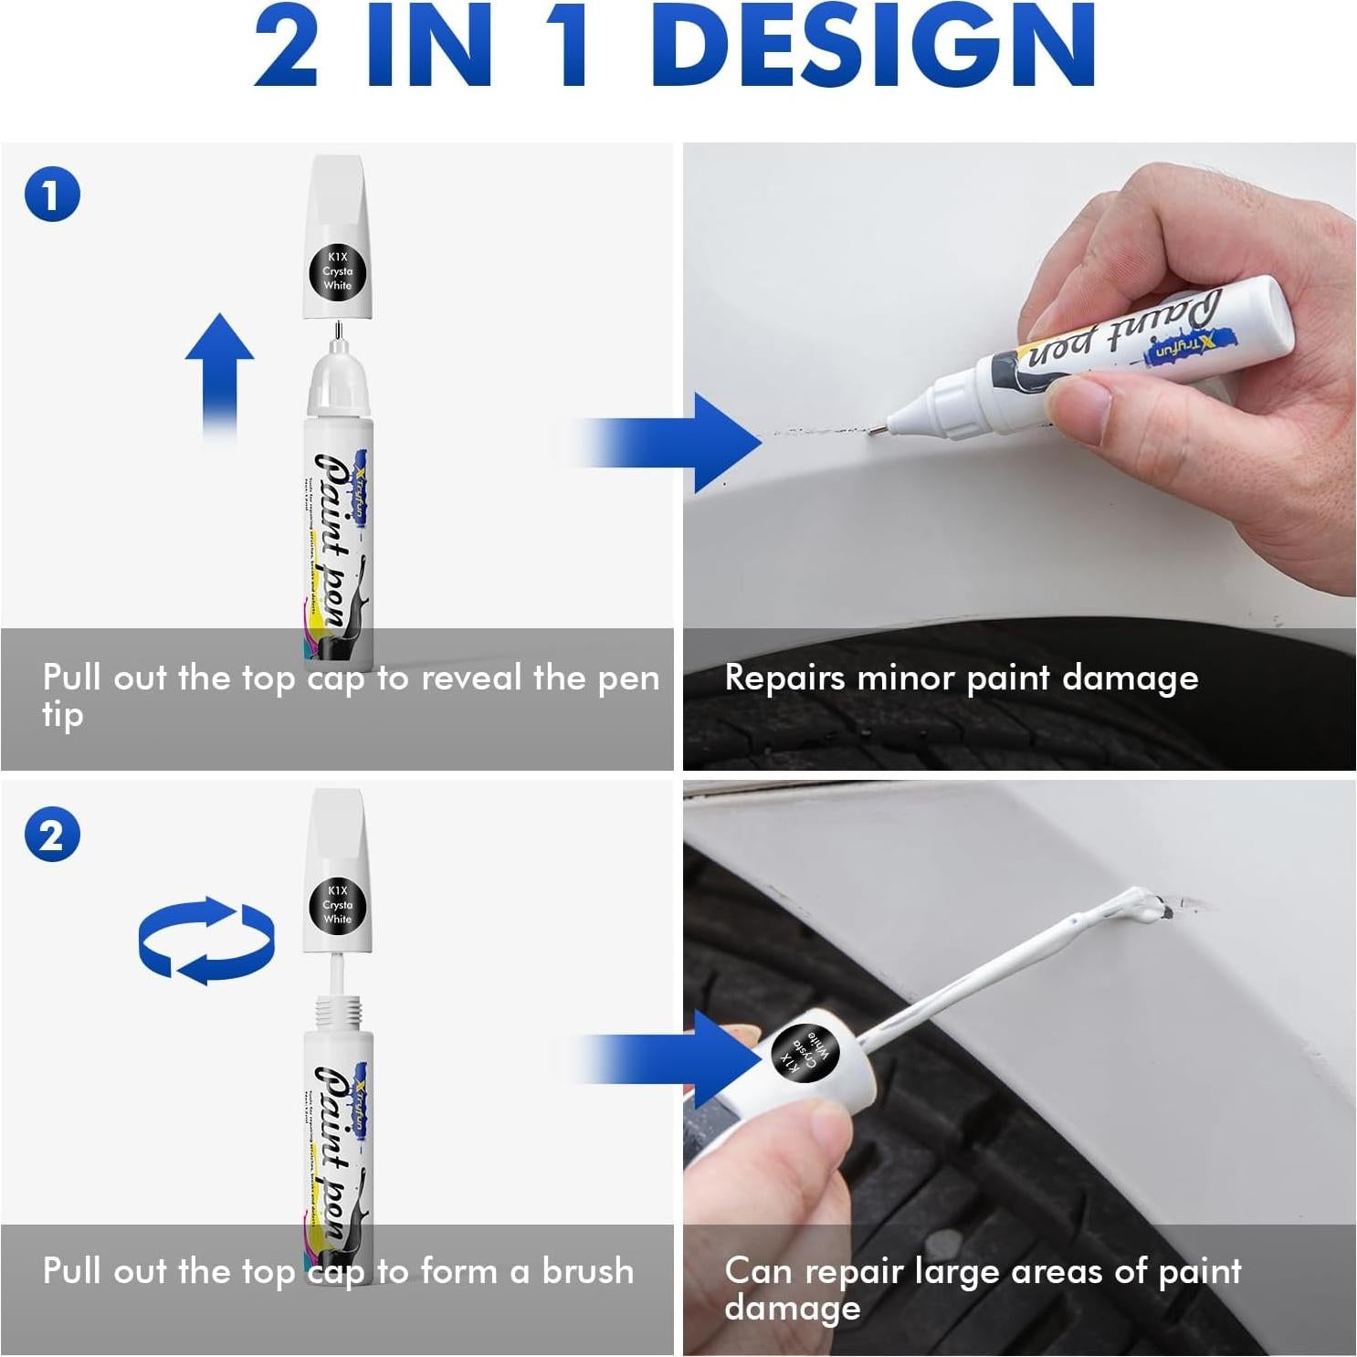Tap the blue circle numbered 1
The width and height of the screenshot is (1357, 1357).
tap(52, 195)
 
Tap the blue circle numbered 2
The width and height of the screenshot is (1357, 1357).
tap(52, 835)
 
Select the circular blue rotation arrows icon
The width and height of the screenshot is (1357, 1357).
tap(206, 941)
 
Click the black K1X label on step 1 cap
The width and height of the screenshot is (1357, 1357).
tap(337, 271)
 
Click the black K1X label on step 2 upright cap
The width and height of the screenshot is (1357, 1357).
tap(337, 905)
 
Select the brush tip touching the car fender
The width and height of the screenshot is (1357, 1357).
tap(1146, 906)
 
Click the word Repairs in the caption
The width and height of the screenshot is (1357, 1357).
tap(784, 678)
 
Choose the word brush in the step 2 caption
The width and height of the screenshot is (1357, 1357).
tap(587, 1271)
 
